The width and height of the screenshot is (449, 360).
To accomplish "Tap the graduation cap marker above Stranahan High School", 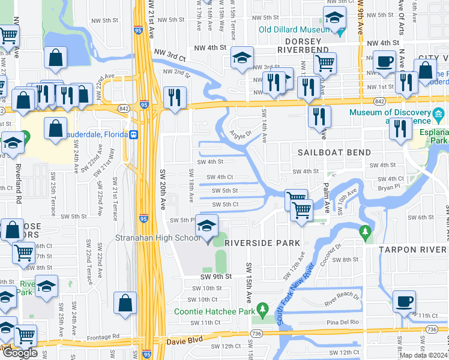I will pos(207,227).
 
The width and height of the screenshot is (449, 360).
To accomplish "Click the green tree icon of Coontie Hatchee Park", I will pos(262,310).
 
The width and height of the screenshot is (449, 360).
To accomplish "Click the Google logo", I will pos(19,353).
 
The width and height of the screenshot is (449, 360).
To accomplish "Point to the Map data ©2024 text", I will pos(424,355).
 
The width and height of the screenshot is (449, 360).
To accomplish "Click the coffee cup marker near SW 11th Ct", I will pos(404,301).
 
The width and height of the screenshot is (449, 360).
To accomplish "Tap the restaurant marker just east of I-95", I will pos(175,98).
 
